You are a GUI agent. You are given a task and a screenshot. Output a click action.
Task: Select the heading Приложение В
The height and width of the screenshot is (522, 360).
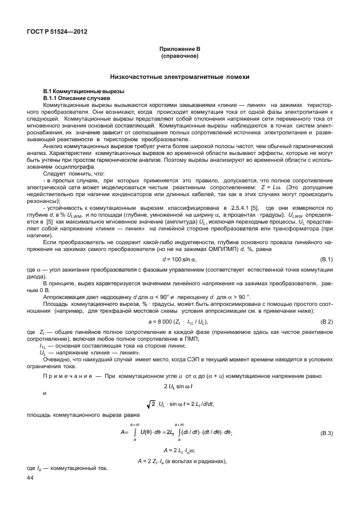[x=179, y=51]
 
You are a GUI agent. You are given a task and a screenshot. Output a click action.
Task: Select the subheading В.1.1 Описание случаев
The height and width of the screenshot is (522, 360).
[x=72, y=98]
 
